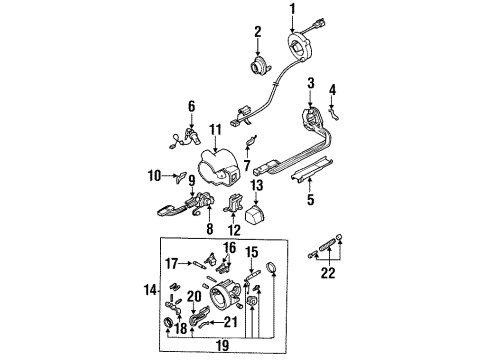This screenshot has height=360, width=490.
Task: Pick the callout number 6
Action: coord(191,105)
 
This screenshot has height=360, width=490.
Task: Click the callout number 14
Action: coord(147,291)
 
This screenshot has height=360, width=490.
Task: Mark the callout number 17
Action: coord(174,265)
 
